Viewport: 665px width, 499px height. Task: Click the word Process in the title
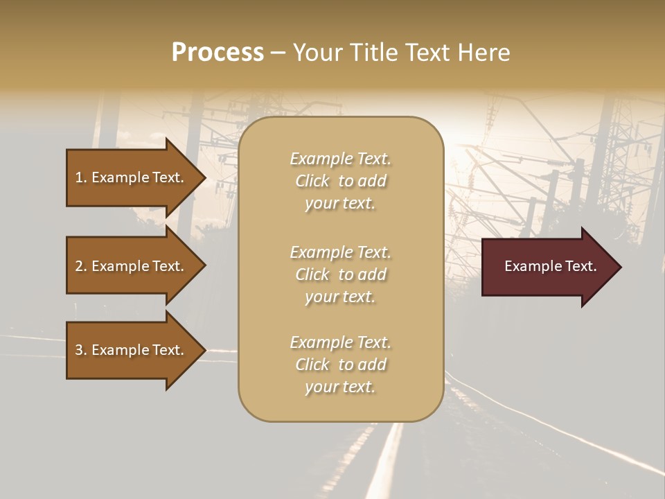point(218,53)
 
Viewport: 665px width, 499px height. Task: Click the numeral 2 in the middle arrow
point(79,266)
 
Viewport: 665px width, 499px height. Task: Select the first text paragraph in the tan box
point(340,181)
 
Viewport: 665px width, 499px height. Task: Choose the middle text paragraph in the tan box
point(340,274)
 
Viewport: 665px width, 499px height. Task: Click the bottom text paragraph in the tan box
point(340,365)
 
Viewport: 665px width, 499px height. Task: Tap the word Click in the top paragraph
point(312,181)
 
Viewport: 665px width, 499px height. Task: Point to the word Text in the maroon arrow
point(580,266)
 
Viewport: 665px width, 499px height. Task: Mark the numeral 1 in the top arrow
point(79,177)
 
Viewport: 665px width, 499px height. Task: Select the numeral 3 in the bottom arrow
point(79,350)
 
